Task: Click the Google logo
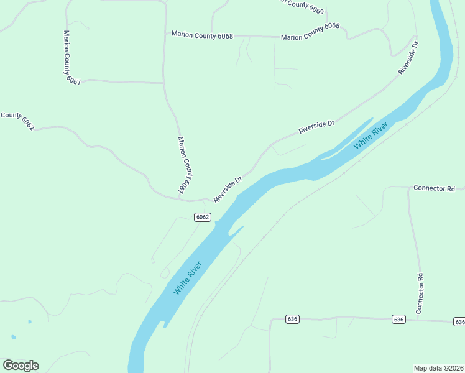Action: click(21, 366)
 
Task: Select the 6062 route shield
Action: click(202, 217)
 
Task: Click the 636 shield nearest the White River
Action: click(292, 319)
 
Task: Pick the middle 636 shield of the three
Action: click(398, 319)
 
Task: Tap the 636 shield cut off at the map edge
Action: click(459, 321)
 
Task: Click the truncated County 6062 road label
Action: click(17, 119)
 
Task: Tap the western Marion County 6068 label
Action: click(202, 35)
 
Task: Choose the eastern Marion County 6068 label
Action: click(310, 32)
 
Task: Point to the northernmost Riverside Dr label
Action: click(410, 58)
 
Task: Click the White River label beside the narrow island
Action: click(371, 136)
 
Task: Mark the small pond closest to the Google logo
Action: click(14, 337)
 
